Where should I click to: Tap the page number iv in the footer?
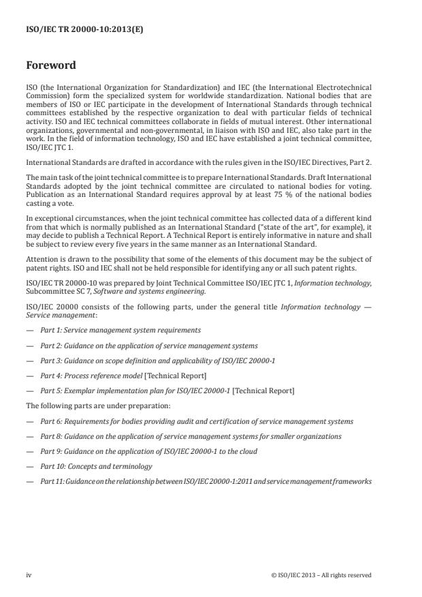coord(29,575)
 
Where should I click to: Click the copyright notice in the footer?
coord(321,575)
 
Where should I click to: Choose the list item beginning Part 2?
coord(148,346)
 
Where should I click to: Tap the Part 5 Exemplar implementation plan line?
coord(167,391)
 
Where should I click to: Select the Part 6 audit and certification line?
coord(196,421)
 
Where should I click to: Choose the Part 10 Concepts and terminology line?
coord(96,466)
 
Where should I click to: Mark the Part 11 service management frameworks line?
coord(206,481)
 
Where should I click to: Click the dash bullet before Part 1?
coord(29,330)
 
